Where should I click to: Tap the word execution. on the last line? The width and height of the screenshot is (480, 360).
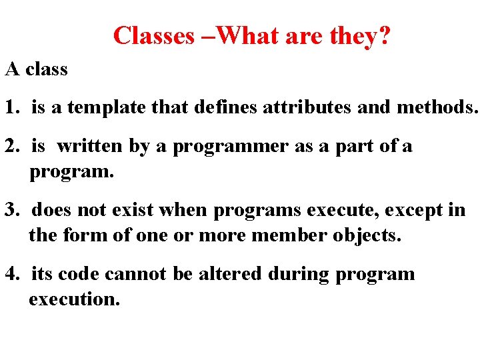click(x=74, y=299)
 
